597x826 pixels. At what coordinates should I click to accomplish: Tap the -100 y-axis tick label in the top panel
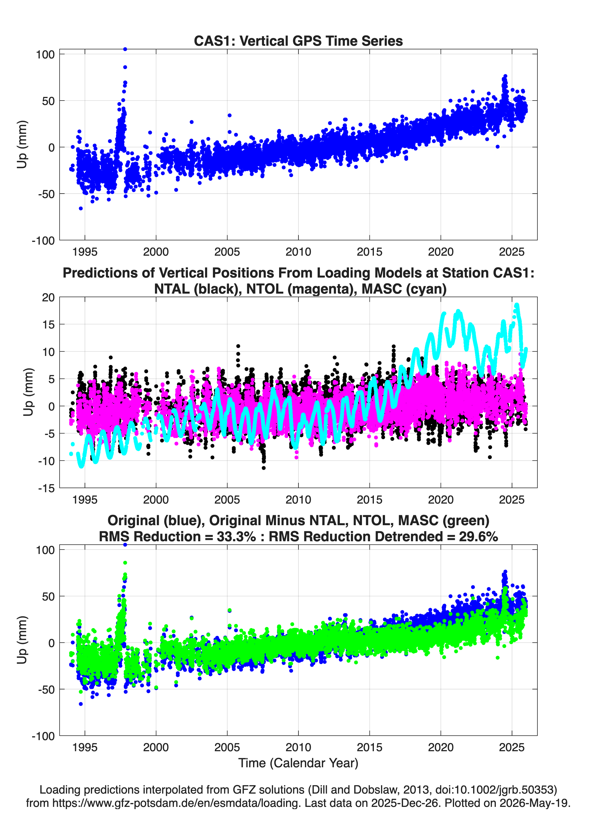(43, 241)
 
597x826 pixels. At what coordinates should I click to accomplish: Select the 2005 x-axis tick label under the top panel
(227, 252)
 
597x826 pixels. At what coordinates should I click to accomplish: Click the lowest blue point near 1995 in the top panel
(81, 208)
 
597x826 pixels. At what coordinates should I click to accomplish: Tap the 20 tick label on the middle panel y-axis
(48, 297)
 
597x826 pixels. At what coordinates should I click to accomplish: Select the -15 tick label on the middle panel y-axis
(46, 488)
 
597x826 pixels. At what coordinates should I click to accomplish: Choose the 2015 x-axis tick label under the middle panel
(369, 499)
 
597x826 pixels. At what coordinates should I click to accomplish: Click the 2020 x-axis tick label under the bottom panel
(441, 747)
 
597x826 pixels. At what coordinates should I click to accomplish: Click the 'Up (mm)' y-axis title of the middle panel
(29, 392)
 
